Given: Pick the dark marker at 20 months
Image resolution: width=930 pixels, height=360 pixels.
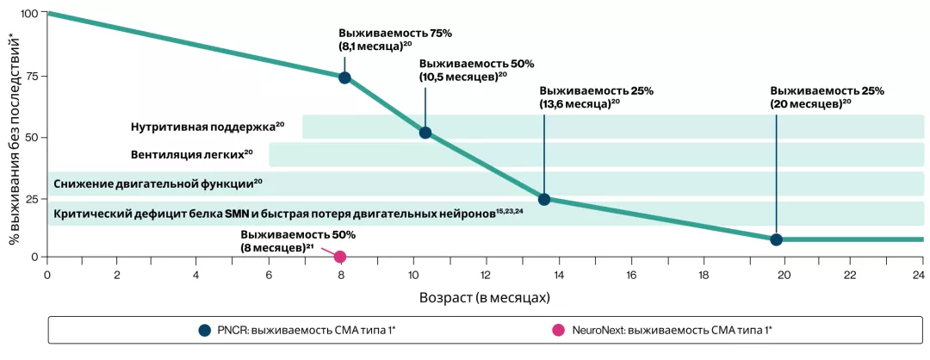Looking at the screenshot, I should point(776,239).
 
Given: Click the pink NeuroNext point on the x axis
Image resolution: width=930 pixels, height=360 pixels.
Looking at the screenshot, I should point(340,257).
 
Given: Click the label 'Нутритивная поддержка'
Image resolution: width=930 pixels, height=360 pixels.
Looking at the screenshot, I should point(203,127).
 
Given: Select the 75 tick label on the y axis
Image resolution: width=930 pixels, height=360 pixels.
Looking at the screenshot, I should point(32,76).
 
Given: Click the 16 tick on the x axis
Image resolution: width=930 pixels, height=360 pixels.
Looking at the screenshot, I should point(631,276).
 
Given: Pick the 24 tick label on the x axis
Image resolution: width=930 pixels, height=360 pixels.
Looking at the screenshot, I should point(917,276).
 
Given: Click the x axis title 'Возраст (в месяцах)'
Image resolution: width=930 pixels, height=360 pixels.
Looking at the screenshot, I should point(484,297).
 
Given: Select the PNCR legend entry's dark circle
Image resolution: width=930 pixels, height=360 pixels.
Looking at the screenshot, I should point(204,329).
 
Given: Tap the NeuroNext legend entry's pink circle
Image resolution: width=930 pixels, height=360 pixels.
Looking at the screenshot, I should point(558,329).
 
